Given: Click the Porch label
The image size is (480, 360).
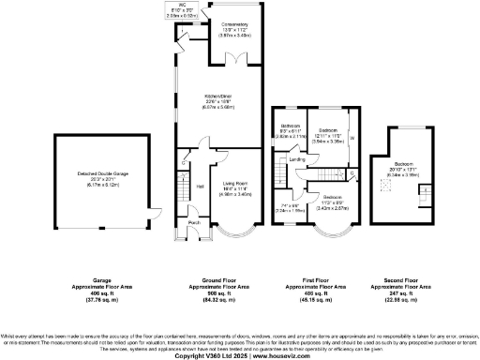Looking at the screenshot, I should tap(194, 222).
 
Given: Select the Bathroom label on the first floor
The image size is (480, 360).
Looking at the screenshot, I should tap(291, 127).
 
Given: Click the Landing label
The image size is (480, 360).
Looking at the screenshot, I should tap(297, 159).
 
